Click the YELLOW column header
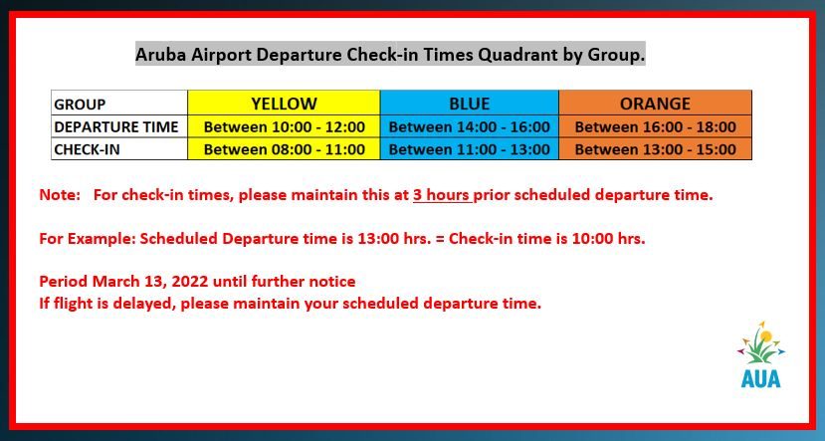pos(284,104)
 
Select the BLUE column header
pos(469,104)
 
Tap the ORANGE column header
pos(655,104)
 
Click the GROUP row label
pos(81,105)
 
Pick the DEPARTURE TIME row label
pos(116,127)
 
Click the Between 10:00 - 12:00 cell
pos(284,127)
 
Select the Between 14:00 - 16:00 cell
pos(469,127)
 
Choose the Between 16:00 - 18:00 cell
pos(655,127)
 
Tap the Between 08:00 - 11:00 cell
pos(284,150)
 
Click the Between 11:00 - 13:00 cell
pos(469,150)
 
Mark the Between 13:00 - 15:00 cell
pos(655,150)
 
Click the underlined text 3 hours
pos(441,195)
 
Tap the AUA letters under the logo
pos(760,378)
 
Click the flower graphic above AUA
pos(760,343)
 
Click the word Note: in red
pos(59,195)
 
